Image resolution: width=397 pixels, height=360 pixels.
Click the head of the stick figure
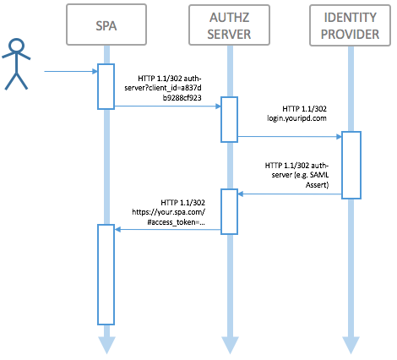pos(16,45)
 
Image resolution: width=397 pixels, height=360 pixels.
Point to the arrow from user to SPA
pos(71,71)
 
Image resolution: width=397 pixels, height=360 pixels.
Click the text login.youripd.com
pos(296,118)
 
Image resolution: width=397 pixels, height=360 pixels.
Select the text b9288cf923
pos(182,98)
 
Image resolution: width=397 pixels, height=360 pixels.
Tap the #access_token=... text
pos(176,222)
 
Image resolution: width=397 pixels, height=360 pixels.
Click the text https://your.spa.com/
pos(168,212)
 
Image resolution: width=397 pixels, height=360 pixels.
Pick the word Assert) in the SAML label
pos(317,185)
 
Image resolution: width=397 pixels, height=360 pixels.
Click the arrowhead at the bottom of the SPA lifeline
pos(106,345)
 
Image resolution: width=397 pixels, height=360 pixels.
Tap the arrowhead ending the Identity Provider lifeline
pos(351,345)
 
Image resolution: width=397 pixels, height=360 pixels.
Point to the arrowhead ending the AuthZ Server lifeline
pos(230,345)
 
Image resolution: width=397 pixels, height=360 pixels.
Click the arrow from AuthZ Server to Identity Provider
pos(290,137)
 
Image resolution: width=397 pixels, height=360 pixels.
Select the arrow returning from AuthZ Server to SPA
pos(168,230)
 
